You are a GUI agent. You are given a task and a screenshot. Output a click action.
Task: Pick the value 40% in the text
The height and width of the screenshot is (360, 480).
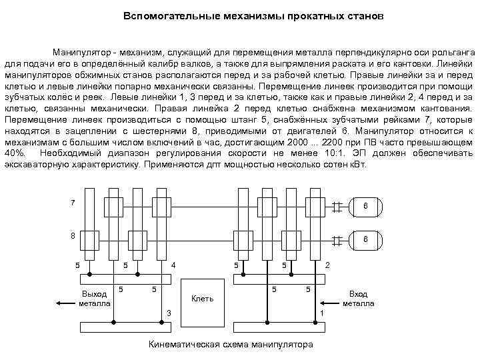coord(15,153)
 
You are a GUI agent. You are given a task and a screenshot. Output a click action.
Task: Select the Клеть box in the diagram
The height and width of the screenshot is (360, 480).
coord(202,298)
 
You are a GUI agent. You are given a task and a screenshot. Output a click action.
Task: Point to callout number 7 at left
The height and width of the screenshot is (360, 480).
coord(73,202)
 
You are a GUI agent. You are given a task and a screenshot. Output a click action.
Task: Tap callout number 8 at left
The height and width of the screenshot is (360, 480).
coord(73,235)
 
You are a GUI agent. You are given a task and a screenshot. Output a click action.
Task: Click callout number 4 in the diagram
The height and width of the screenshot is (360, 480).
coord(174,266)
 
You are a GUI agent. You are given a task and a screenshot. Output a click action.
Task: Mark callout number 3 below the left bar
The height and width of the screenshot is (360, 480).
coord(169,313)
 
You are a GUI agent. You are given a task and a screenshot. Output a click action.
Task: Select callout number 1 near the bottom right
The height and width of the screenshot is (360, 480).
coord(322,313)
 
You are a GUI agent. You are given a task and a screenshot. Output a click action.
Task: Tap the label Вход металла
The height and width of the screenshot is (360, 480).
coord(359,299)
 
